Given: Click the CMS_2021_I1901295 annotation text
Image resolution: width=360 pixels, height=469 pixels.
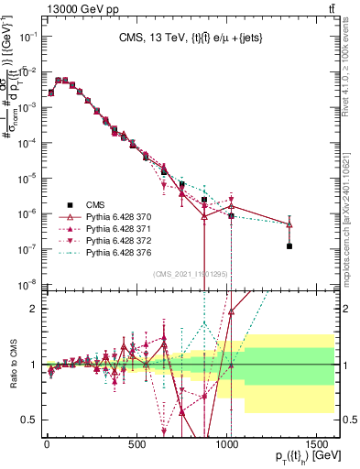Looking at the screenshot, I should (197, 274).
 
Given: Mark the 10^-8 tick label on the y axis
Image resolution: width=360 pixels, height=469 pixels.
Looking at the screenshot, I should (25, 284).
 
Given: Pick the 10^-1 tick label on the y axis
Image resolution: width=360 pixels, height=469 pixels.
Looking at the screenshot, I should (25, 37).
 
